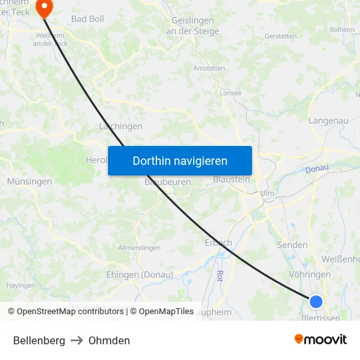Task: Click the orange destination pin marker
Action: (x=45, y=8)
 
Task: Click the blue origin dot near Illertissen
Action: (x=316, y=301)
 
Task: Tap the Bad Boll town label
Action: (x=88, y=19)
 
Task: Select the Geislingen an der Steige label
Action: (x=194, y=26)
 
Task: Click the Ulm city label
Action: (x=266, y=194)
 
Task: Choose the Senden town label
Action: (x=293, y=245)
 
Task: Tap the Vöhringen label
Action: (x=309, y=275)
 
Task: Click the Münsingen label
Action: (x=29, y=181)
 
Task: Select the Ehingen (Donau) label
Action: (x=139, y=275)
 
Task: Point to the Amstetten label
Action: (x=209, y=68)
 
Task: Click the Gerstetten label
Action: (x=282, y=36)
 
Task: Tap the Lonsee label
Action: (x=230, y=93)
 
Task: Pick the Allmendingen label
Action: (x=139, y=248)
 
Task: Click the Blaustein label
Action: (x=232, y=179)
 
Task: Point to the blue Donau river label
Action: (x=316, y=170)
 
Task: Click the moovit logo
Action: (x=321, y=340)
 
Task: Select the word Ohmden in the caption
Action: (x=109, y=340)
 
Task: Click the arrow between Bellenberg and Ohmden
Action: (x=77, y=340)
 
